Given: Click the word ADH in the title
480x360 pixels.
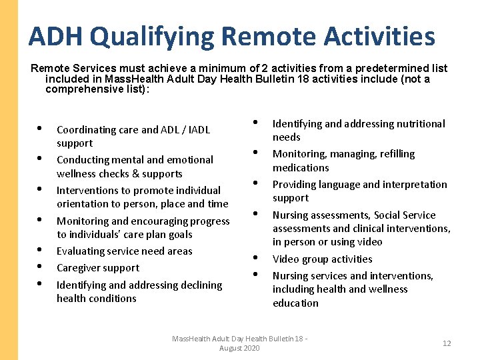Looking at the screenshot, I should [x=55, y=36].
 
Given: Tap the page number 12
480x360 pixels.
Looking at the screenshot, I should [x=447, y=343].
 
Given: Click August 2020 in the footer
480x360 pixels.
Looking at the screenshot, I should [x=239, y=349].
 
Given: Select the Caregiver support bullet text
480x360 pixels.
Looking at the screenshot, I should [x=98, y=268].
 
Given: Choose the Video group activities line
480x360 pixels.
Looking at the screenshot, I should [x=322, y=259].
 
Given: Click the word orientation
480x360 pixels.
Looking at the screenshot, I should [x=85, y=204].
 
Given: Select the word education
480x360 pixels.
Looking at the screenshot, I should [x=295, y=303].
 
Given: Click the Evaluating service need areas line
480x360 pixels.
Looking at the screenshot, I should [x=124, y=251].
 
